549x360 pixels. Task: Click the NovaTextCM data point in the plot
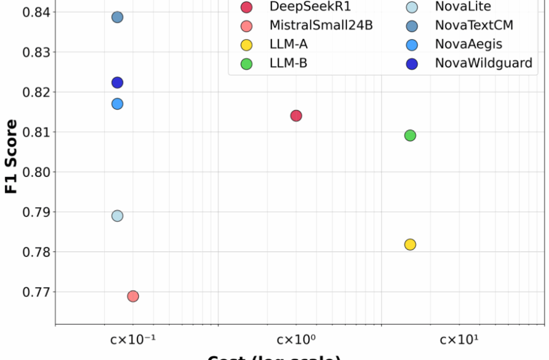[117, 17]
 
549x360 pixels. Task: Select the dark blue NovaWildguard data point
[117, 83]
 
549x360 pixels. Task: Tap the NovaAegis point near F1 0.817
[117, 104]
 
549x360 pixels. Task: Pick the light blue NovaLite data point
[117, 216]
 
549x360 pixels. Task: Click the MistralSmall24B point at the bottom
[133, 296]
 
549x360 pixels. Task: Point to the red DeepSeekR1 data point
[296, 116]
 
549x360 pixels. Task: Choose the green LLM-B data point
[410, 135]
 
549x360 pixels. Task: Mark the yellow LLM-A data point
[410, 244]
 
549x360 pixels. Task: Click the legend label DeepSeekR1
[310, 8]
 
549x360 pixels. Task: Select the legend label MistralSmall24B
[321, 26]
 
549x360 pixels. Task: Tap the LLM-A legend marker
[247, 44]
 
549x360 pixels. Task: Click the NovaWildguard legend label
[483, 63]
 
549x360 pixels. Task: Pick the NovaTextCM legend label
[474, 26]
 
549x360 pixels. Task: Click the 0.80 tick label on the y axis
[31, 172]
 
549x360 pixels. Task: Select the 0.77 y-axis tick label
[31, 292]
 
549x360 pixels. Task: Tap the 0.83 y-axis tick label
[31, 52]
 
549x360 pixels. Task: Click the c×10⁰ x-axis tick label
[296, 340]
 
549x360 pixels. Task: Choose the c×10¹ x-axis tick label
[459, 340]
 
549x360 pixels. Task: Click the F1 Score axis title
[11, 155]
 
